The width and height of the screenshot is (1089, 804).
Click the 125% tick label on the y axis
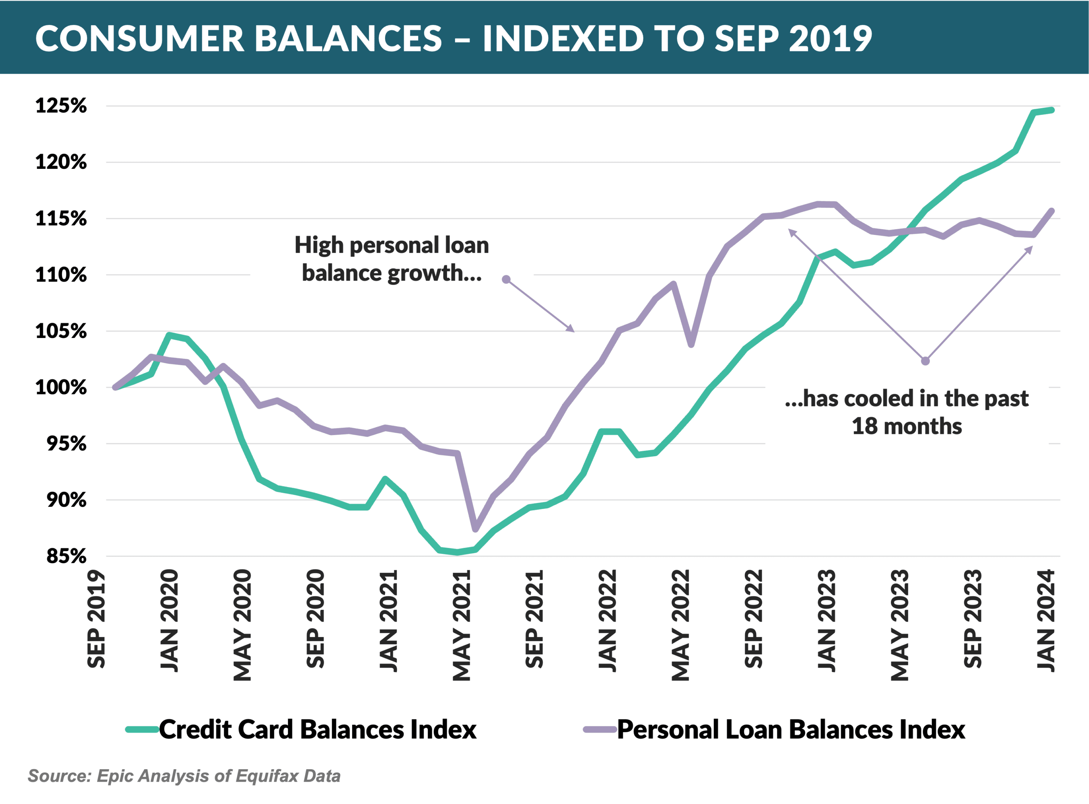pyautogui.click(x=61, y=106)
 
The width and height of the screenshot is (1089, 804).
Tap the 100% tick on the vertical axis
pyautogui.click(x=61, y=388)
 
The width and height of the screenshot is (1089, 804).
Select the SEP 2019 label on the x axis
pyautogui.click(x=96, y=619)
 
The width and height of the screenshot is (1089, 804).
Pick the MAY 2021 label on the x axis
pyautogui.click(x=461, y=625)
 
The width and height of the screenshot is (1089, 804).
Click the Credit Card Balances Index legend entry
pyautogui.click(x=317, y=730)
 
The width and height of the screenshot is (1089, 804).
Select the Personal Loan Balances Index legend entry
pyautogui.click(x=790, y=730)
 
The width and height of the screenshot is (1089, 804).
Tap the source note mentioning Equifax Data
pyautogui.click(x=184, y=776)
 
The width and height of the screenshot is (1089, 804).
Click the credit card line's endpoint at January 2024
pyautogui.click(x=1052, y=111)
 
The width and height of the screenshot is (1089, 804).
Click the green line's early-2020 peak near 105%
pyautogui.click(x=169, y=335)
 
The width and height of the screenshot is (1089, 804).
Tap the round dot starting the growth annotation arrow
pyautogui.click(x=506, y=279)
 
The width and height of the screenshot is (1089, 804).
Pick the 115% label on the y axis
pyautogui.click(x=61, y=219)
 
